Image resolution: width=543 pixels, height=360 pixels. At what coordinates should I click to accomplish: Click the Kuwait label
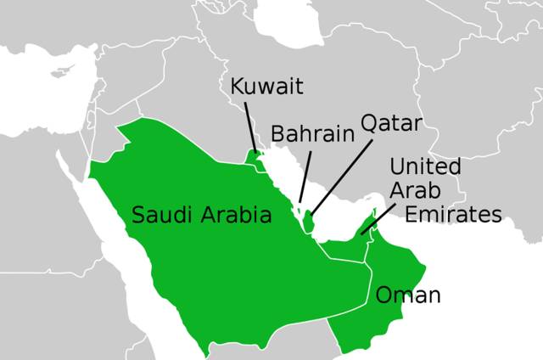(x=266, y=87)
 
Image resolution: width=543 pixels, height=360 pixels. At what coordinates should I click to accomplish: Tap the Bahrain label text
(x=311, y=134)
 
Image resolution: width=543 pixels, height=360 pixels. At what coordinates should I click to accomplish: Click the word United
(x=425, y=166)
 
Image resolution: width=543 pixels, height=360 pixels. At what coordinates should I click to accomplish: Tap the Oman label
(x=408, y=295)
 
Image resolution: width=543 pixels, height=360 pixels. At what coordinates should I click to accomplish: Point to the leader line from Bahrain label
(x=305, y=174)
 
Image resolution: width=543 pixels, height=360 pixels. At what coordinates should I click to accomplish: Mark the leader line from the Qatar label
(x=344, y=174)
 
